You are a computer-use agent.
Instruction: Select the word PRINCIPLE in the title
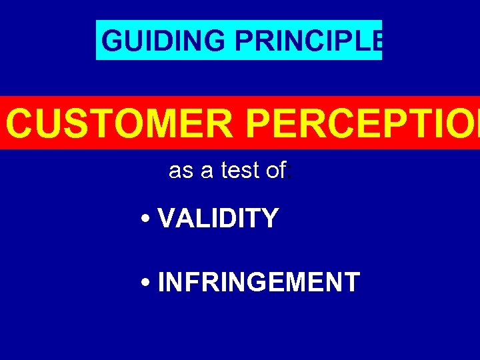pos(308,41)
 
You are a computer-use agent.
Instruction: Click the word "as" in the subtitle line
pos(181,171)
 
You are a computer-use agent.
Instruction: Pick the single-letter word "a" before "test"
pos(207,171)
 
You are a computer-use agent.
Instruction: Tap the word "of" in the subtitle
pos(275,171)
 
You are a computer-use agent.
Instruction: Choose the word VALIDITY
pos(218,218)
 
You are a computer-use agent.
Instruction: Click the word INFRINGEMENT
pos(259,282)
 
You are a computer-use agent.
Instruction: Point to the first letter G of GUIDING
pos(113,41)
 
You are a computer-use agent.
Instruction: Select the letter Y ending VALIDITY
pos(270,218)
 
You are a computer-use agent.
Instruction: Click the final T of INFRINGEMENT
pos(352,282)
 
